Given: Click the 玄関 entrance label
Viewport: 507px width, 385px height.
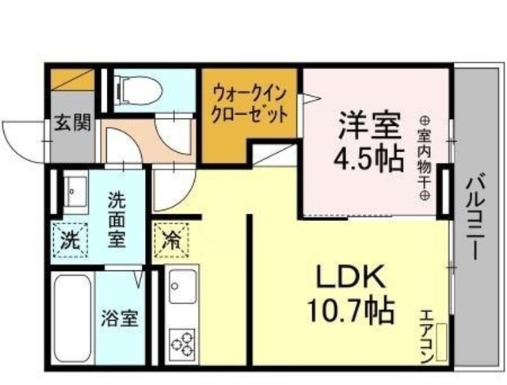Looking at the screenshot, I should tap(72, 124).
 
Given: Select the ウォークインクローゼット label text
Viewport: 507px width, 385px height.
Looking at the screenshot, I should tap(248, 103).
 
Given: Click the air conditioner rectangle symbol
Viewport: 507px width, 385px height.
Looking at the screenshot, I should tap(441, 341).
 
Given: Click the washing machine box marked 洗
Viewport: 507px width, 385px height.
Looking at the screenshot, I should tap(70, 240).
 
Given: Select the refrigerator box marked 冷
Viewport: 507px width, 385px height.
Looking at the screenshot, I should tap(170, 240).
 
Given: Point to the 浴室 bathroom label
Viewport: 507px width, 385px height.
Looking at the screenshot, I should tap(120, 320).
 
